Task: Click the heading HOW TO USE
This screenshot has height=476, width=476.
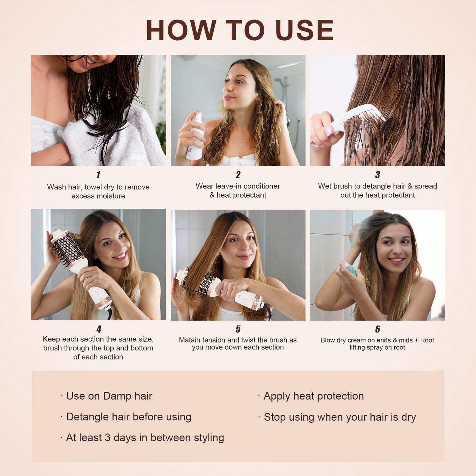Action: pos(239,30)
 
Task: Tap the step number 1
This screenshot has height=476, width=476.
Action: pos(98,175)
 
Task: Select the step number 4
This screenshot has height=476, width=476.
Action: pos(98,329)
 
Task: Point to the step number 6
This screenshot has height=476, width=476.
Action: pos(378,329)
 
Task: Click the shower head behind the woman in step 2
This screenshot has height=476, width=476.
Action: pos(279,80)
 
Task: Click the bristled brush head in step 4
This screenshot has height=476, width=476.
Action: pos(68,249)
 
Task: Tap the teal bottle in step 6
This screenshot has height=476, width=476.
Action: pos(350,268)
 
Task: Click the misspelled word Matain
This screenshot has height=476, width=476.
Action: pos(189,340)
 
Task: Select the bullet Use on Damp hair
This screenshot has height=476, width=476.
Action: pos(109,396)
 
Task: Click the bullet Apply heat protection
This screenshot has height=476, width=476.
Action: pos(313,396)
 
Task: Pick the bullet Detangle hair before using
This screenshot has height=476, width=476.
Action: pos(128,417)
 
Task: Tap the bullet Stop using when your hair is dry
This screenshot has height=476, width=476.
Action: pos(339,417)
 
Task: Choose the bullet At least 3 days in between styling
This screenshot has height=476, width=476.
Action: pos(145,437)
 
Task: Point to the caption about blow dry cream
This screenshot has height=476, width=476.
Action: pos(377,344)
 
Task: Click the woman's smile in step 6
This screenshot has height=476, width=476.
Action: pos(396,260)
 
